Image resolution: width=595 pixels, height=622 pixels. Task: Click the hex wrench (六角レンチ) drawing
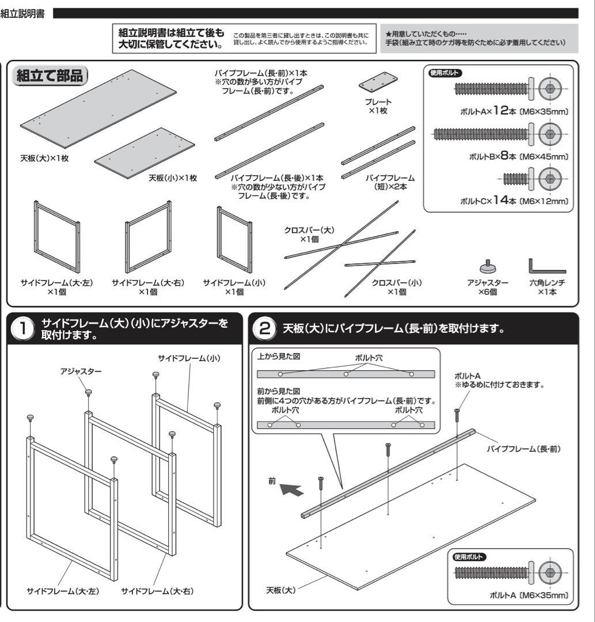545,267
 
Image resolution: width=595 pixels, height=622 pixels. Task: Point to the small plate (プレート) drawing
379,82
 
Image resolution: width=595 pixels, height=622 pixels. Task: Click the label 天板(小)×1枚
173,178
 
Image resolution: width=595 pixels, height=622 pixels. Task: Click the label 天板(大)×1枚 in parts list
44,158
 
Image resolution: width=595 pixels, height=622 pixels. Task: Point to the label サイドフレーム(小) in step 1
190,359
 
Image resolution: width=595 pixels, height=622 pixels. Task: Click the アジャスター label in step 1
81,372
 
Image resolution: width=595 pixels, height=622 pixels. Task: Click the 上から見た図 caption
279,356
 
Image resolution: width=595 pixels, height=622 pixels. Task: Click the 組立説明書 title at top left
23,12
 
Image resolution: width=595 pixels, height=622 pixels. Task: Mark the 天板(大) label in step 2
281,591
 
